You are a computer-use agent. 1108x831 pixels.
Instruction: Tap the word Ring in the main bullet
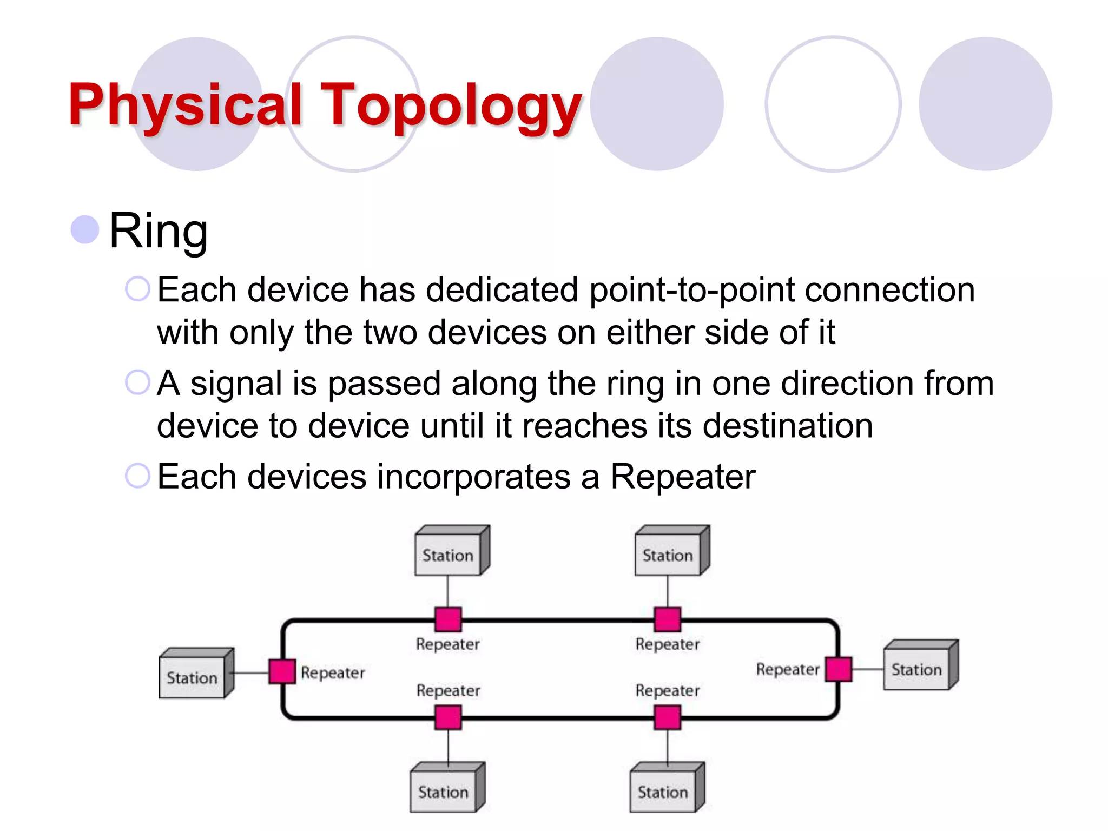(x=158, y=231)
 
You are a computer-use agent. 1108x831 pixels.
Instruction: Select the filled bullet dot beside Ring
(x=85, y=229)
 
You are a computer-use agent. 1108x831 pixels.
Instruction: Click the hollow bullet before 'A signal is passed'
(x=137, y=382)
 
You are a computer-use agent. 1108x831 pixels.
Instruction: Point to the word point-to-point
(x=691, y=290)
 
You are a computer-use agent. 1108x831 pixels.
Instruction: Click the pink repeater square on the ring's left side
(x=282, y=671)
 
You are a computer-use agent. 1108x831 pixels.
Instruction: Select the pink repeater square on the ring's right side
(x=839, y=669)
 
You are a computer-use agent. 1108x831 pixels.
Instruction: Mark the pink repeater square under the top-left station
(x=449, y=619)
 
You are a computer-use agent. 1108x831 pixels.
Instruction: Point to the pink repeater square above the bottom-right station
(x=667, y=718)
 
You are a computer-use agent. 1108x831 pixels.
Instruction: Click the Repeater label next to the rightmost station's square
(x=787, y=670)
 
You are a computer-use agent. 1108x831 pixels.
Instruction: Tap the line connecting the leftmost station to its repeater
(x=251, y=673)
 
